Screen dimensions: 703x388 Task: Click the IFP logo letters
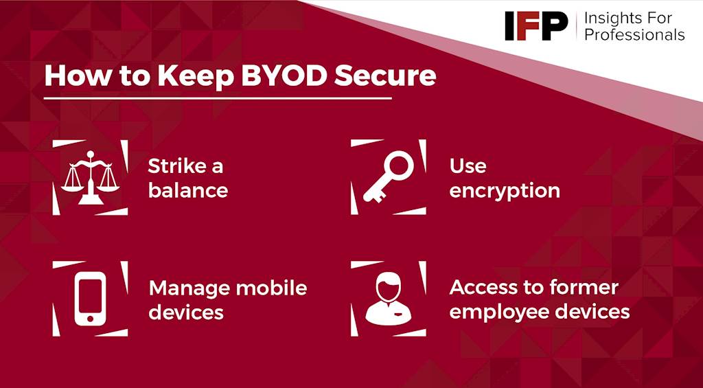click(x=536, y=25)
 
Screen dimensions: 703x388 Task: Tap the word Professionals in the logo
click(x=634, y=34)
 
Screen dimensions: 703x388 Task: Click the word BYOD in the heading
click(x=284, y=76)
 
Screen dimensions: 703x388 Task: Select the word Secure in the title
click(x=385, y=76)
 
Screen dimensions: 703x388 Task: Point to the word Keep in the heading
click(x=195, y=77)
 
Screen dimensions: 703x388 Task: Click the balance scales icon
click(x=90, y=178)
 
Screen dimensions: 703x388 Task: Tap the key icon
click(x=389, y=176)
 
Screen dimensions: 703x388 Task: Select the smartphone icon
click(x=90, y=298)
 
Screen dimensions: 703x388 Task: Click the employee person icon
click(x=389, y=298)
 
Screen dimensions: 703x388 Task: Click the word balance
click(x=188, y=191)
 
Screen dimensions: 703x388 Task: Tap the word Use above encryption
click(x=468, y=166)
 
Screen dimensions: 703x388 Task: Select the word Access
click(x=483, y=288)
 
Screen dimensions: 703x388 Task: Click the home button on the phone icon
click(x=90, y=319)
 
